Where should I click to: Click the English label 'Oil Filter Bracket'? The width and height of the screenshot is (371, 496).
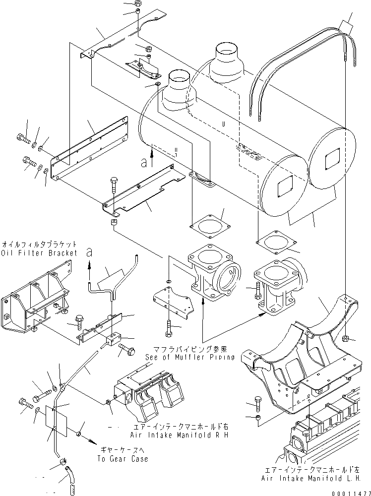click(x=40, y=253)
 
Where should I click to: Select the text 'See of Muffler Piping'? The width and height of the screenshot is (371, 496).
click(x=190, y=357)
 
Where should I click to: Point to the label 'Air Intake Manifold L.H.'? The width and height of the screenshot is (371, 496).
click(x=313, y=479)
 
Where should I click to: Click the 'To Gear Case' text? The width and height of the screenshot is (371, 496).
click(x=123, y=459)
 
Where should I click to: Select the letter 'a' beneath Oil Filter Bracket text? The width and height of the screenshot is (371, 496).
click(x=89, y=252)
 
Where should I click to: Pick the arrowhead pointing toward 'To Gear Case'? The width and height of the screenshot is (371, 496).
click(x=93, y=440)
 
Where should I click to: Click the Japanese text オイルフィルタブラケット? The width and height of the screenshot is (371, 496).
click(x=40, y=245)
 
